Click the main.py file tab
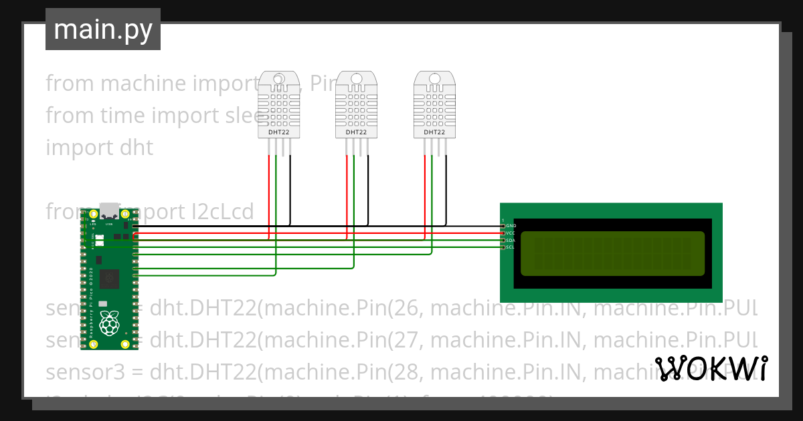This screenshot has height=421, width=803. (102, 29)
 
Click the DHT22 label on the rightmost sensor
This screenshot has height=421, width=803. (434, 132)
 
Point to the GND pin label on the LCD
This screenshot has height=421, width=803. (511, 226)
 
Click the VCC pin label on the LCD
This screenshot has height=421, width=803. (511, 233)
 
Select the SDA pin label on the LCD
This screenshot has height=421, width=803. (511, 240)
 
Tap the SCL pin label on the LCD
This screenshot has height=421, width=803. (511, 247)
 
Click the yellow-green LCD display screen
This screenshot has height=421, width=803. (612, 253)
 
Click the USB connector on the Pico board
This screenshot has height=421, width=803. (108, 210)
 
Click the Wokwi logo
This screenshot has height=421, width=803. (711, 368)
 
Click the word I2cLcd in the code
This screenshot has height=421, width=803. (221, 212)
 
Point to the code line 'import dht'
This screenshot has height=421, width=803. (99, 148)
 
